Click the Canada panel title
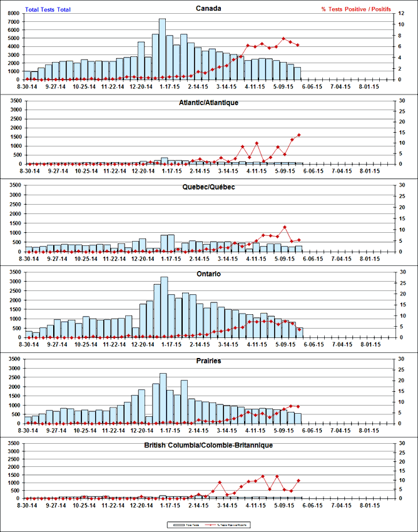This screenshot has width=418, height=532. pos(208,8)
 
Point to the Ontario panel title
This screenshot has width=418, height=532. pos(208,274)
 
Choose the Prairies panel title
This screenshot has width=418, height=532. pos(208,361)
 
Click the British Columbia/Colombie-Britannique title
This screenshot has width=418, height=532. pos(208,444)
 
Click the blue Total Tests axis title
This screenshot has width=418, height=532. pos(48,9)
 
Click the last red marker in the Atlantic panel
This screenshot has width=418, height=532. pos(299,135)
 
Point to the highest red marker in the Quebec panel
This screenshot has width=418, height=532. pos(285,227)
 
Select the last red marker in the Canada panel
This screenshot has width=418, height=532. pos(298,45)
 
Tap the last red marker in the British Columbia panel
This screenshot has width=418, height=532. pos(298,481)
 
